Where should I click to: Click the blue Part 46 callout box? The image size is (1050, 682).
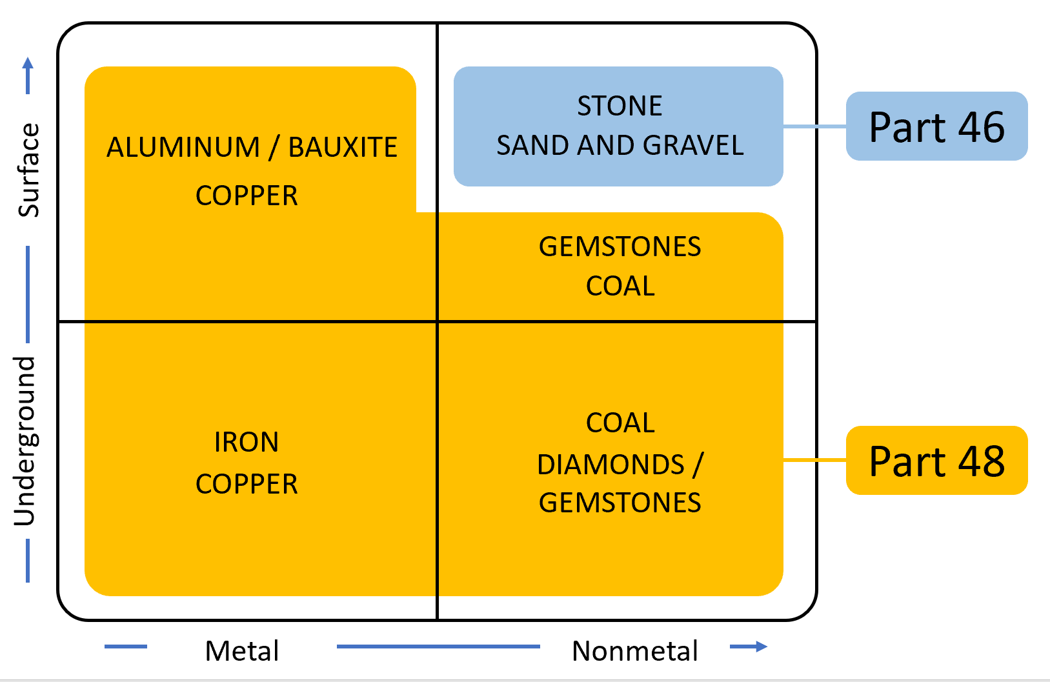coord(936,126)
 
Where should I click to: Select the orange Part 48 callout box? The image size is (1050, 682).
coord(936,460)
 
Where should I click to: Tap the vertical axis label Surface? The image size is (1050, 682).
coord(28,170)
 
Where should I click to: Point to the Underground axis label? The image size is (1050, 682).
coord(25,441)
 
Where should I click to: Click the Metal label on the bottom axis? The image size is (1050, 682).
coord(242,650)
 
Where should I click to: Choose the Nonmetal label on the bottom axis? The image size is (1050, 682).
coord(635,650)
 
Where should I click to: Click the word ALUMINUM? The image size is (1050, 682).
coord(183,147)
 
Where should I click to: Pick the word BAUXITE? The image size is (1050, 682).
coord(343,147)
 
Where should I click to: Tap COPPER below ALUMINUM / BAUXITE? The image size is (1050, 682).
coord(247,196)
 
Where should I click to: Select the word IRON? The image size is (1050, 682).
coord(247,442)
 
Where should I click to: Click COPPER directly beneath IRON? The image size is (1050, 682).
coord(247,484)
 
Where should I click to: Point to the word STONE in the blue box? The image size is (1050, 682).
coord(620,106)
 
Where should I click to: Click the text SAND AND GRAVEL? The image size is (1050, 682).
coord(620,145)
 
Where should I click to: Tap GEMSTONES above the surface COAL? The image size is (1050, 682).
coord(620,246)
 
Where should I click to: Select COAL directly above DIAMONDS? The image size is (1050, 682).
coord(620,423)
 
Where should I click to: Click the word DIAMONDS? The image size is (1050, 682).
coord(611,465)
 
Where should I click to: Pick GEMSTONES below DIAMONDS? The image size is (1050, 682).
coord(620,503)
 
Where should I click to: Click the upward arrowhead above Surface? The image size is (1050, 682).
coord(28,64)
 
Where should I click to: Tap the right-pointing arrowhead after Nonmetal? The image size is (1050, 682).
coord(762,647)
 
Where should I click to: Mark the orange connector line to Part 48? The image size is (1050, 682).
coord(814,460)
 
